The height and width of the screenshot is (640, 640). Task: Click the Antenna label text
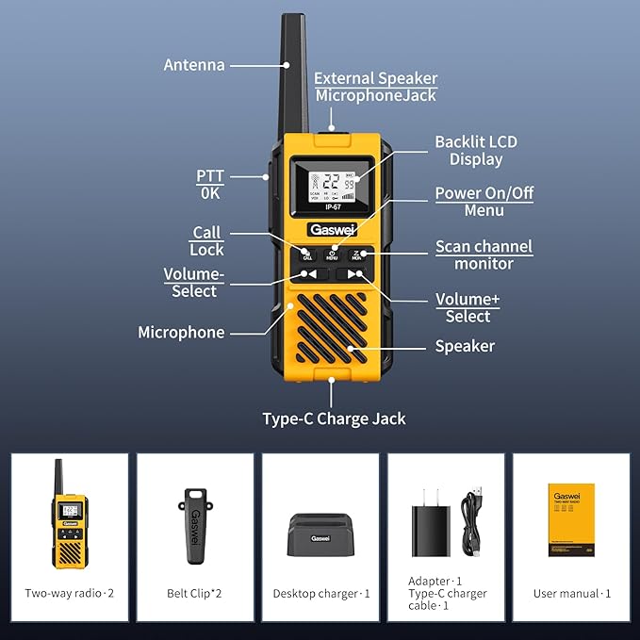click(x=194, y=65)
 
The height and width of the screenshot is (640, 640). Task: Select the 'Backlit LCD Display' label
click(x=475, y=151)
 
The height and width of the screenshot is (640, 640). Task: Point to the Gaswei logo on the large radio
click(x=330, y=229)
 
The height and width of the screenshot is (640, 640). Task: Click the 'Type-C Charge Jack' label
click(x=334, y=418)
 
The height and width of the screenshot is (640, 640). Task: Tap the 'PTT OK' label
click(x=209, y=184)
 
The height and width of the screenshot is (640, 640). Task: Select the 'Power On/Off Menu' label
click(x=484, y=202)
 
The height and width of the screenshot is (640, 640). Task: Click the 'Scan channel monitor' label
click(x=484, y=254)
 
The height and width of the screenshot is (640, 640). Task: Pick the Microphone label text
click(x=181, y=332)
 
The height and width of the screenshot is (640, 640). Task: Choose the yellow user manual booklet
click(x=570, y=519)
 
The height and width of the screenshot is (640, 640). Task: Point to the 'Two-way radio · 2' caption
click(x=70, y=593)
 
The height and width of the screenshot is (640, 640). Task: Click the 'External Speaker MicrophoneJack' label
click(x=375, y=87)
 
